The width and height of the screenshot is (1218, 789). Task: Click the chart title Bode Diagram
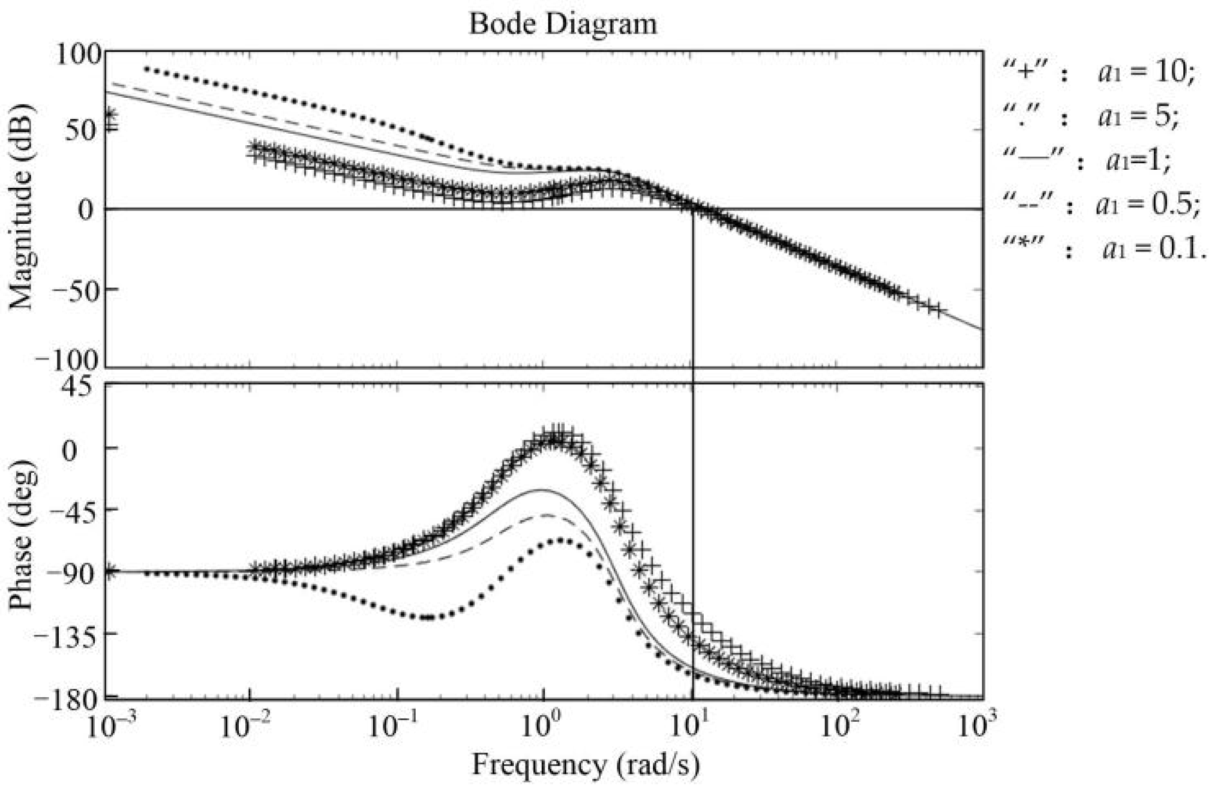[562, 24]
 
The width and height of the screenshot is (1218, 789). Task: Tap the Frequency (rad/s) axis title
[586, 765]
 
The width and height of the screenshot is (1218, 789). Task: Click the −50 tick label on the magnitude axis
[76, 289]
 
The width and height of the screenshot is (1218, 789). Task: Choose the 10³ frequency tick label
[979, 728]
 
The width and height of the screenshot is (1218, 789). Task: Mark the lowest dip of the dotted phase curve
[427, 617]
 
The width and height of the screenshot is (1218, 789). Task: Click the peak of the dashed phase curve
[546, 515]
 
